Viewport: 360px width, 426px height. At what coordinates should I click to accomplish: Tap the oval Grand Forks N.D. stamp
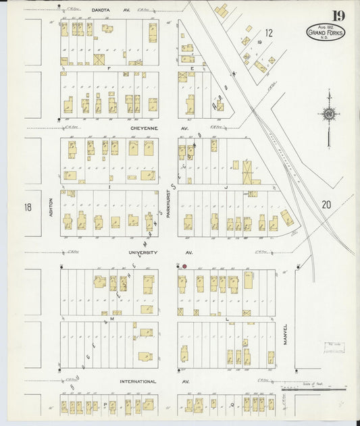coord(325,32)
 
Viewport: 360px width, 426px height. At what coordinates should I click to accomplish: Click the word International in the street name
coord(138,381)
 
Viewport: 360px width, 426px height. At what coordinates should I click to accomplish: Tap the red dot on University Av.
coord(184,266)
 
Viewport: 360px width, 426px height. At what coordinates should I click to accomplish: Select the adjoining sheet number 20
coord(326,205)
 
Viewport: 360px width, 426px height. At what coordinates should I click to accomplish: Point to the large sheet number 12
coord(268,32)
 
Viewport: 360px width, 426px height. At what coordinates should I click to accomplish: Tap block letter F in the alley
coord(108,68)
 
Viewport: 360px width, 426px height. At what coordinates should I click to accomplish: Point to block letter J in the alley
coord(227,186)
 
